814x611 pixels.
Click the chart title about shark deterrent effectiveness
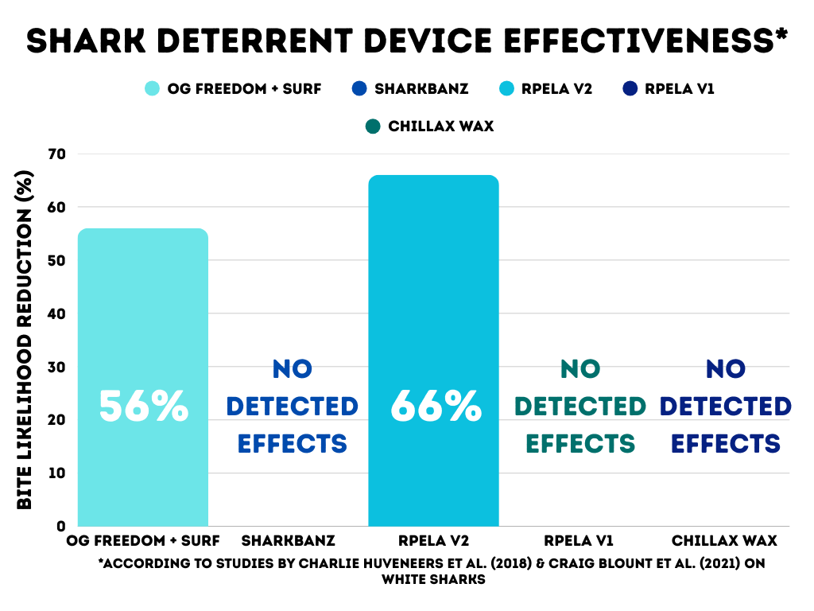(407, 40)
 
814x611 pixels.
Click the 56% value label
(144, 406)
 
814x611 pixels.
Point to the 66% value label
(436, 406)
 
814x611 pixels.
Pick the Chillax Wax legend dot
(372, 126)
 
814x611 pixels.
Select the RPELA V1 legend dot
(627, 88)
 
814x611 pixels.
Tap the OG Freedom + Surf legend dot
(152, 88)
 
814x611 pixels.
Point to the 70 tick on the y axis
(57, 154)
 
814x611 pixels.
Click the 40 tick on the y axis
(57, 313)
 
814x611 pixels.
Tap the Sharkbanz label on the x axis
(288, 541)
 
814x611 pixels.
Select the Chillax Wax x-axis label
(724, 541)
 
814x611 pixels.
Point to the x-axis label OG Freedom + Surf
(145, 541)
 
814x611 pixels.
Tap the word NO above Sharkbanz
(292, 369)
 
